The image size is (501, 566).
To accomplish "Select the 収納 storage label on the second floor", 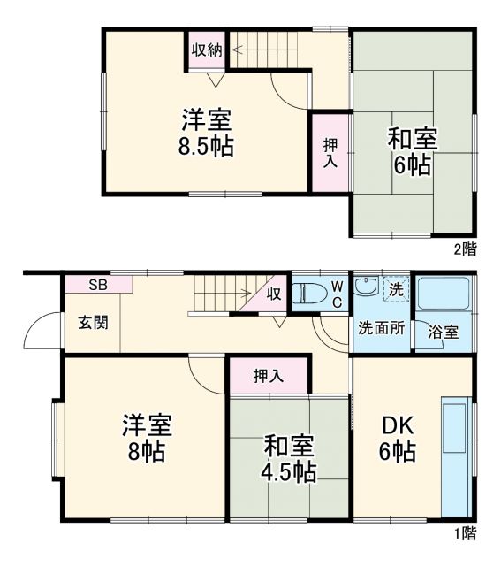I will click(x=207, y=50).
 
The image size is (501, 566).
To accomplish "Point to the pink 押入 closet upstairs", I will click(x=329, y=152).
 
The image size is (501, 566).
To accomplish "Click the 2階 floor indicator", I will click(x=465, y=249).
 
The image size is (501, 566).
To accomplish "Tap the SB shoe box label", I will click(x=97, y=284).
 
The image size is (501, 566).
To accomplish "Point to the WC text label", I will click(x=338, y=293).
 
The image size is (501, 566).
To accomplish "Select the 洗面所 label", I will click(x=382, y=327).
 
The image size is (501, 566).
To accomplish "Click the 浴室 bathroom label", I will click(x=444, y=333).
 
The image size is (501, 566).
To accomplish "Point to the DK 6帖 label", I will click(x=398, y=438).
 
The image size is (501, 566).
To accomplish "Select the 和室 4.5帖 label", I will click(x=289, y=459).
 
